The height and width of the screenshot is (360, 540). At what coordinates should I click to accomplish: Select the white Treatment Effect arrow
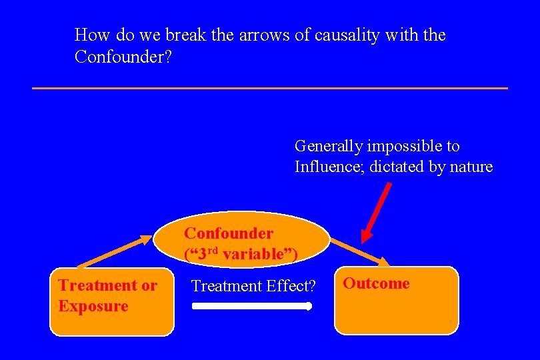coord(251,307)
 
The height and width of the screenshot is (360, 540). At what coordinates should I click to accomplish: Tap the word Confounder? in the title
coord(123,57)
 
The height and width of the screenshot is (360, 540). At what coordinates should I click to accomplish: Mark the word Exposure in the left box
coord(93,306)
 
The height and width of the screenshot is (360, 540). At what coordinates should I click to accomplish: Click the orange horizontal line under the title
coord(269,88)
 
